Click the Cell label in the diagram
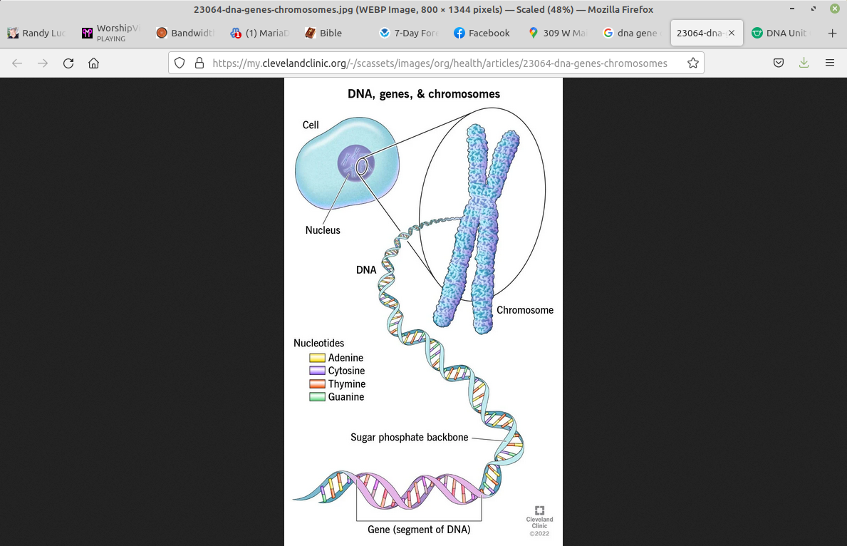click(311, 125)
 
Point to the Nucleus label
click(323, 230)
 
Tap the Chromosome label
click(525, 310)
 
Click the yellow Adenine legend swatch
click(317, 358)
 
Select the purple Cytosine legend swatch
click(317, 371)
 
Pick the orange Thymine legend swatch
click(317, 384)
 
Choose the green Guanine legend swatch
click(317, 397)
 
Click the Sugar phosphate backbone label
click(409, 437)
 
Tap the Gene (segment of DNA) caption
click(419, 530)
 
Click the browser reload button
click(68, 63)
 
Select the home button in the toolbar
click(93, 63)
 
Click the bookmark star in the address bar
click(692, 63)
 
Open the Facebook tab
click(482, 33)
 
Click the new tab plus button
click(832, 33)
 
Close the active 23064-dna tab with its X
click(732, 33)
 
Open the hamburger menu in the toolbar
click(830, 63)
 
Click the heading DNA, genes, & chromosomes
click(423, 94)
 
